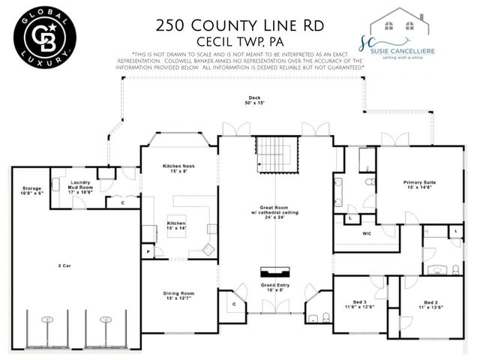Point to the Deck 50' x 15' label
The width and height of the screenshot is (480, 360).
(x=255, y=101)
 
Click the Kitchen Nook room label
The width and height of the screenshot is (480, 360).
(x=179, y=168)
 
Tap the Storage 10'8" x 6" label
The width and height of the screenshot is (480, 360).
(x=31, y=190)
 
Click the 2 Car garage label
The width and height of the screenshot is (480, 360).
(x=65, y=265)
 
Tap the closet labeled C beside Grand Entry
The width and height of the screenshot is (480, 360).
(x=234, y=304)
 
